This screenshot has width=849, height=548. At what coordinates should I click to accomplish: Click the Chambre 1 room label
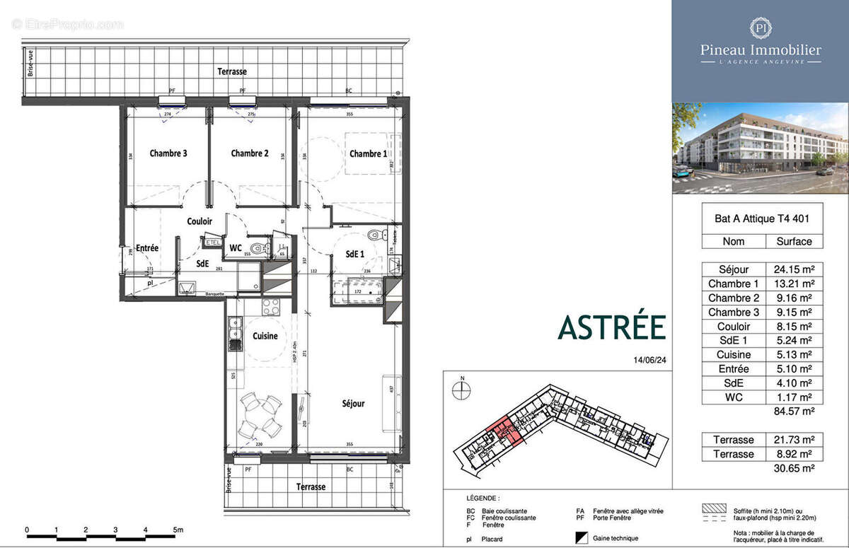tap(368, 154)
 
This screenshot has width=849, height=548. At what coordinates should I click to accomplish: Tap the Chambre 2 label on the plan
tap(250, 153)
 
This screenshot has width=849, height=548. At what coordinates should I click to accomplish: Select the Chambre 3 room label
tap(168, 153)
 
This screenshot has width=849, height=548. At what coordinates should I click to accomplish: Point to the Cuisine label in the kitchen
tap(265, 336)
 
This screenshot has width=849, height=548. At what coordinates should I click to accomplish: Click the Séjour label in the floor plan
tap(353, 404)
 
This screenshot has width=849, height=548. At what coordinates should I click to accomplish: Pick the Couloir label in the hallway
tap(200, 221)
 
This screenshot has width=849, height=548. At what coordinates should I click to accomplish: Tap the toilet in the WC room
tap(259, 247)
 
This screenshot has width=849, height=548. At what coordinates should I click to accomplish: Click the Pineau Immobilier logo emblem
tap(761, 28)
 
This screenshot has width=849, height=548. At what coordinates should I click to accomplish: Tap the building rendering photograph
tap(760, 148)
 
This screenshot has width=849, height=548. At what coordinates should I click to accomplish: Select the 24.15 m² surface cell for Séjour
tap(794, 269)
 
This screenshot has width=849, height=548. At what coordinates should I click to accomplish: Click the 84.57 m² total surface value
tap(794, 411)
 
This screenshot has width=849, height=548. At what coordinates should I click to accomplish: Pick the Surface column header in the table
tap(794, 241)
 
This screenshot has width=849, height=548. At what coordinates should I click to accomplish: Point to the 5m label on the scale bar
tap(177, 530)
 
